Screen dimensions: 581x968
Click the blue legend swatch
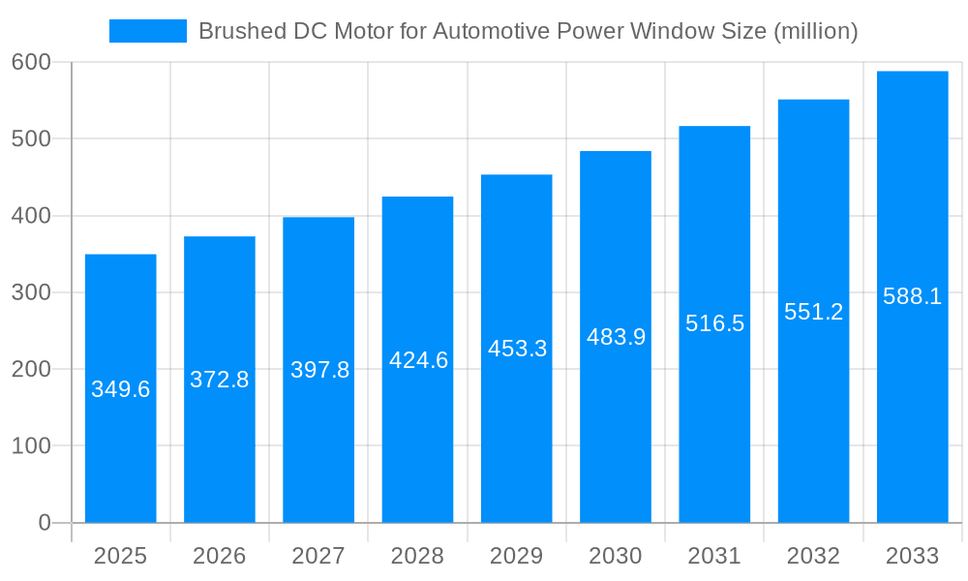(x=147, y=31)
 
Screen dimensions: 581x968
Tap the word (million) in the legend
(x=816, y=31)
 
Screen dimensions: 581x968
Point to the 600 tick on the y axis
(x=31, y=62)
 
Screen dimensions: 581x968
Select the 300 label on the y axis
(x=31, y=292)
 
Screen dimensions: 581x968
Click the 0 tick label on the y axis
(x=44, y=523)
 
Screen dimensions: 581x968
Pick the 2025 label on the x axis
(x=120, y=556)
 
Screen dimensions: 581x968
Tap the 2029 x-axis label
(x=516, y=556)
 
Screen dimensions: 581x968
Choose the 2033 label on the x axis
(x=912, y=556)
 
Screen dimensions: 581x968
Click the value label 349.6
(x=120, y=389)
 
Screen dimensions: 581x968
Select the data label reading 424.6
(x=418, y=360)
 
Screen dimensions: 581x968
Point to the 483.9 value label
(x=616, y=337)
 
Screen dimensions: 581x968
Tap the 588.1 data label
(x=912, y=296)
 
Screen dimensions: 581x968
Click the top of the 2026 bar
(x=220, y=238)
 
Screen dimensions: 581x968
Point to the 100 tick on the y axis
(x=31, y=446)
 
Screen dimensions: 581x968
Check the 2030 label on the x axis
(x=616, y=556)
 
